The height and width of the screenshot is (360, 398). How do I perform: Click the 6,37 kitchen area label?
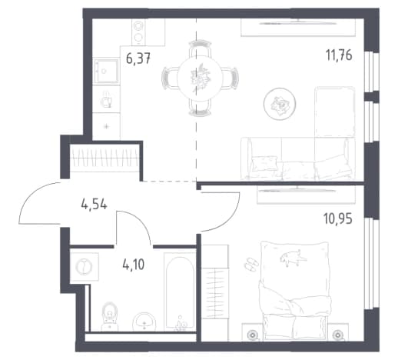pos(138,58)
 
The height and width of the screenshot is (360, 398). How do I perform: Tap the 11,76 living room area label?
pos(339,55)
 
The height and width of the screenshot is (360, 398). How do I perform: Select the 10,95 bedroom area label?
pos(338,218)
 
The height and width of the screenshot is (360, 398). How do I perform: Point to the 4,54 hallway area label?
pos(94,205)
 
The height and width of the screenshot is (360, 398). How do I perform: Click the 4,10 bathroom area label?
pos(134,265)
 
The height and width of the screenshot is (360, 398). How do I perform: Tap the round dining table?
pos(200,78)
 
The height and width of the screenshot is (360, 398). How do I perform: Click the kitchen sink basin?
pos(106,71)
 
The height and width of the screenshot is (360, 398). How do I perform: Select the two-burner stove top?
pos(138,32)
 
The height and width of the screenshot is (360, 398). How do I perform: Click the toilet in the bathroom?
pos(110,317)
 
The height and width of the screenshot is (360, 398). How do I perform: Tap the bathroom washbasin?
pos(144,322)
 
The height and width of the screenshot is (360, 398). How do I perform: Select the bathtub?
pos(180,292)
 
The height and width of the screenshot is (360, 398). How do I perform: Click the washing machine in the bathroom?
pos(85,267)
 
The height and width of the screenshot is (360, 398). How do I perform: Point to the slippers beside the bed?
pos(251,265)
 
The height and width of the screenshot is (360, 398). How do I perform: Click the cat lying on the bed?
pos(293,257)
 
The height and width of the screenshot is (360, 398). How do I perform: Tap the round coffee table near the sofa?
pos(280,104)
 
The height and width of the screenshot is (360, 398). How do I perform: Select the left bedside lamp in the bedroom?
pos(252,335)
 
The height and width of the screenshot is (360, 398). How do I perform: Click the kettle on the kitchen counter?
pos(106,99)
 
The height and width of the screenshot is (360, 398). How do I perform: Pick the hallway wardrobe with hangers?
pos(104,157)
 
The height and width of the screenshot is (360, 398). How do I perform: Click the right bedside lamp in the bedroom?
pos(338,335)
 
